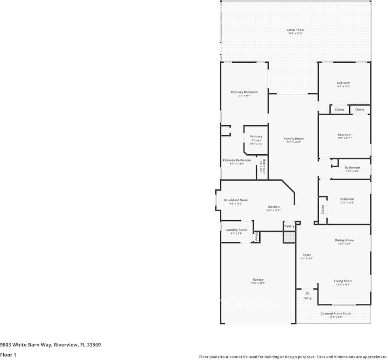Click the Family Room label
click(x=294, y=138)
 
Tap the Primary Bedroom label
click(x=244, y=92)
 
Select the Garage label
click(x=258, y=279)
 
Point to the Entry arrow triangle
click(x=307, y=292)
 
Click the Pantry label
click(x=289, y=226)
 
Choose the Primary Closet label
click(x=256, y=138)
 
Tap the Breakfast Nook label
click(x=236, y=200)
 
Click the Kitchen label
click(x=274, y=207)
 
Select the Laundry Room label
click(x=236, y=230)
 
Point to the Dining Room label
click(x=344, y=240)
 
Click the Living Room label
click(x=343, y=281)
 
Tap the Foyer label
click(x=307, y=255)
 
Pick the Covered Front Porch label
click(x=336, y=313)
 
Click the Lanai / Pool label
click(x=295, y=30)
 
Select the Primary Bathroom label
click(x=237, y=160)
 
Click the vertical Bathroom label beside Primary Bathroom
click(x=264, y=166)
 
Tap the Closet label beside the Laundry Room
click(x=256, y=236)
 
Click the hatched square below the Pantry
click(x=289, y=237)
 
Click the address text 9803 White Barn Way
click(x=50, y=345)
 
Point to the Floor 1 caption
click(x=8, y=355)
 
